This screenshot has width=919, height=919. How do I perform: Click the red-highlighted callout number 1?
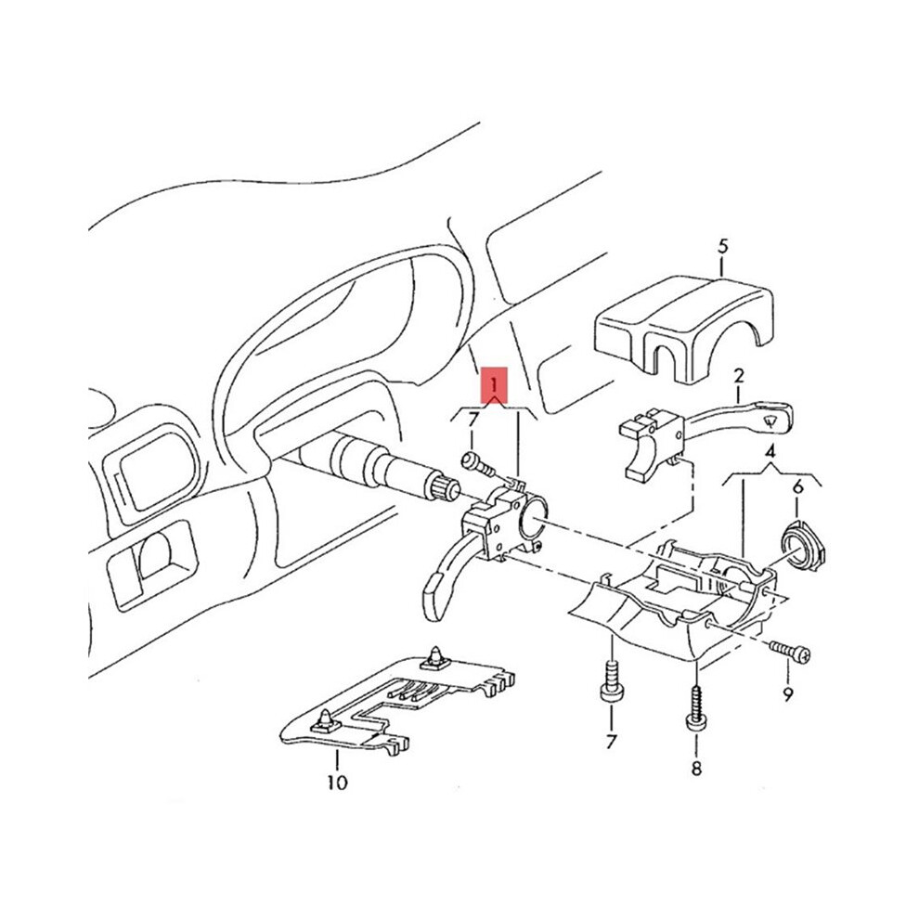click(494, 385)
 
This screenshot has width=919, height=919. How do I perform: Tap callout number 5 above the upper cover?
click(722, 246)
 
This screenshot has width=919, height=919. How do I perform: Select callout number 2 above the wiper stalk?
click(739, 376)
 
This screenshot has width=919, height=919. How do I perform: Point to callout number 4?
click(770, 451)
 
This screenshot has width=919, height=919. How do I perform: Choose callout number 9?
click(788, 694)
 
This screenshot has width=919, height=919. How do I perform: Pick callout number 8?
click(696, 768)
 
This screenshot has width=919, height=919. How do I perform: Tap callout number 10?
click(338, 782)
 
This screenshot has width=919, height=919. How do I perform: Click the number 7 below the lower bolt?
click(612, 742)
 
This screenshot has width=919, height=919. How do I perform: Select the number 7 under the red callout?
click(473, 419)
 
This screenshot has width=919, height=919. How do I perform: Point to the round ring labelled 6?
click(802, 543)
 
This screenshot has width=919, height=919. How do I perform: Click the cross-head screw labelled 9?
click(791, 651)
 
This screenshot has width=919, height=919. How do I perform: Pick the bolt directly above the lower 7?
click(611, 679)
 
